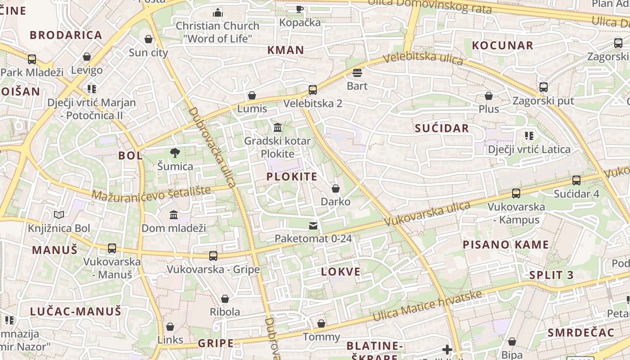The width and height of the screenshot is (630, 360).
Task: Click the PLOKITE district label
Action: click(x=292, y=176)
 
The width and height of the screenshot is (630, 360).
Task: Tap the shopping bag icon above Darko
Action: click(x=335, y=189)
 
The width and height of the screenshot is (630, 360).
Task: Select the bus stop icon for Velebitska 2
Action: click(x=313, y=90)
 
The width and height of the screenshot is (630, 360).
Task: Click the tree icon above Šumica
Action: click(x=175, y=153)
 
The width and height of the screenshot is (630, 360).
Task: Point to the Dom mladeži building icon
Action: click(x=174, y=215)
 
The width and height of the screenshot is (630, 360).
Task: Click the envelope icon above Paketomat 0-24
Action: click(x=313, y=225)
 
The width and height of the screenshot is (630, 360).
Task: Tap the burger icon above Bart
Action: click(x=357, y=73)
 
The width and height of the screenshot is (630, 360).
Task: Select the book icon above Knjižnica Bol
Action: click(x=59, y=215)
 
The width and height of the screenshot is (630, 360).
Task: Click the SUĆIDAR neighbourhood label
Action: click(x=442, y=128)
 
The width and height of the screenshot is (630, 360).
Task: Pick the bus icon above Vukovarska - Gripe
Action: click(x=213, y=256)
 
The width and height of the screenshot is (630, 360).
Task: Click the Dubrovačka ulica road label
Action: click(x=212, y=147)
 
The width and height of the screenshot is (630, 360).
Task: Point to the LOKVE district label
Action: click(x=341, y=271)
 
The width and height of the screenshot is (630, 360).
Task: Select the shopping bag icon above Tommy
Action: click(x=321, y=324)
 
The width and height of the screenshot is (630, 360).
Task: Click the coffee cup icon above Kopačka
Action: click(x=300, y=9)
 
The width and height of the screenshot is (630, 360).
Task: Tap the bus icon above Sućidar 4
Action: click(x=576, y=180)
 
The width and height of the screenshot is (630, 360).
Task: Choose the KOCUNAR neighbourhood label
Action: click(x=502, y=45)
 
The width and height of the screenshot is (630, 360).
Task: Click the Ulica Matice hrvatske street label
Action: click(x=427, y=306)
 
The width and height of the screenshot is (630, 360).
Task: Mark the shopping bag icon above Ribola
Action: click(x=225, y=299)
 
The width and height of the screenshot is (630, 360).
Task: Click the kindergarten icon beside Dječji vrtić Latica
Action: click(x=529, y=136)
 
